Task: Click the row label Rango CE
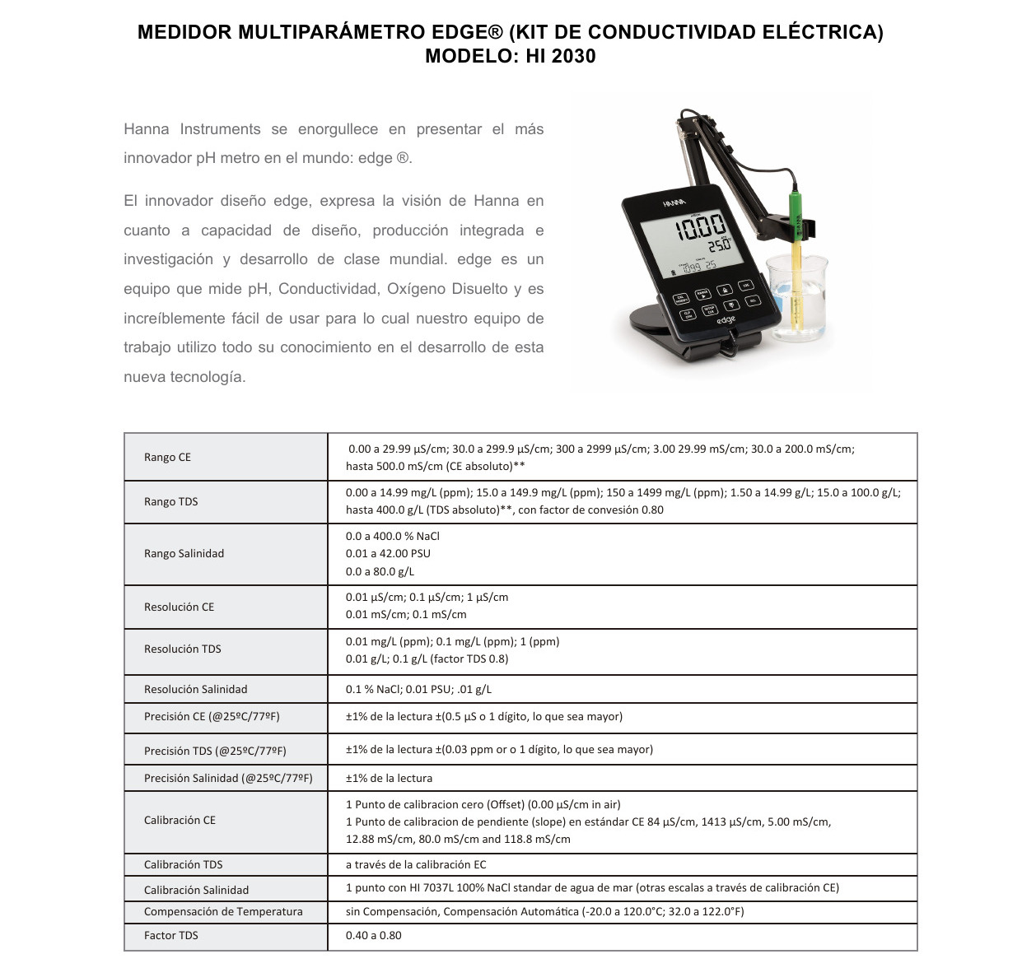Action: point(167,457)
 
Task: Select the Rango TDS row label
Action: point(170,501)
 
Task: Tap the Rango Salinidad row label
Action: point(184,553)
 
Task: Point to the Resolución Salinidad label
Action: point(195,689)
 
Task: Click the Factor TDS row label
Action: point(170,935)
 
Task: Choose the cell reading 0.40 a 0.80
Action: point(374,935)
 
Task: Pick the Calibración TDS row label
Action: point(183,864)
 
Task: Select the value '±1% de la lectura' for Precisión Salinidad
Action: point(389,778)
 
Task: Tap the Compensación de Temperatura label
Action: point(223,911)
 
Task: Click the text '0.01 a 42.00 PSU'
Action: point(388,553)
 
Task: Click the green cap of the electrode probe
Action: point(796,210)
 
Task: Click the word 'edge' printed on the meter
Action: point(725,319)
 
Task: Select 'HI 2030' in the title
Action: point(559,56)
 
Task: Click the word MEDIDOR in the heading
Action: point(184,32)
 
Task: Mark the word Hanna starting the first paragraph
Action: point(146,129)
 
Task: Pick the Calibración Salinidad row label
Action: point(196,890)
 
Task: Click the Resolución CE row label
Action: point(179,607)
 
